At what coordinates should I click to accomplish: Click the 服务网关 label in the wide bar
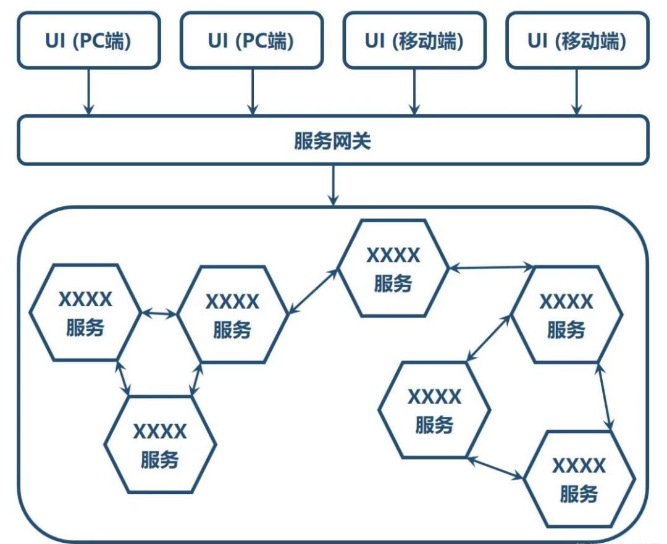tap(333, 141)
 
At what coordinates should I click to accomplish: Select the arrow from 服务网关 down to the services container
tap(333, 185)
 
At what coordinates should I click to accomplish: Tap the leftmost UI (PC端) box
tap(89, 41)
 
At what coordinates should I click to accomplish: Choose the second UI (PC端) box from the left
tap(251, 41)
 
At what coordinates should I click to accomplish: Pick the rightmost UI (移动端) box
tap(577, 41)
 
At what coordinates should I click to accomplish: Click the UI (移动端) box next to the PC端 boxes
tap(414, 41)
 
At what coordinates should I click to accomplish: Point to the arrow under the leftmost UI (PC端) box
tap(89, 91)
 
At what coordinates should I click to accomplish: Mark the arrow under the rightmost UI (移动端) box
tap(577, 91)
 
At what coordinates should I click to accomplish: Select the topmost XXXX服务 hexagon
tap(393, 269)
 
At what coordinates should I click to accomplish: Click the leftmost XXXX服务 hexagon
tap(85, 312)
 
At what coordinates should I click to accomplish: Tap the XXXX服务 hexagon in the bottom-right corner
tap(579, 479)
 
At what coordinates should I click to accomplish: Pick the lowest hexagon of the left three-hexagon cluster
tap(160, 445)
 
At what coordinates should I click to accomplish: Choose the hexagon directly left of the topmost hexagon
tap(232, 314)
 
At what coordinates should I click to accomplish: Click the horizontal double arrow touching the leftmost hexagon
tap(159, 314)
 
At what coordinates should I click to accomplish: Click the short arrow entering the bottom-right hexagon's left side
tap(496, 467)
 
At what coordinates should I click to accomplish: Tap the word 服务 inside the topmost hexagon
tap(393, 283)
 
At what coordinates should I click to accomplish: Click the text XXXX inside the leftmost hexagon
tap(85, 300)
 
